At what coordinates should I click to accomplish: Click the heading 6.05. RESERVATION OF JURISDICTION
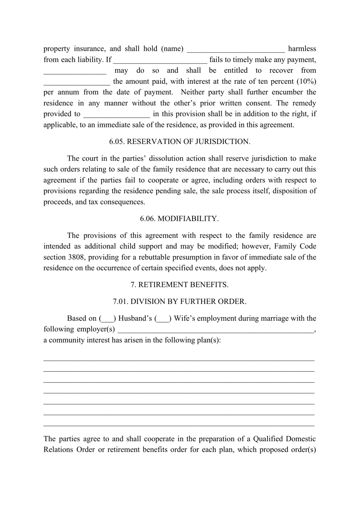(x=180, y=142)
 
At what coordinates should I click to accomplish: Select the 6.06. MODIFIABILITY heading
(x=179, y=219)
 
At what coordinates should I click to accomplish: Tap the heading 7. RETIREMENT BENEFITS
(x=180, y=285)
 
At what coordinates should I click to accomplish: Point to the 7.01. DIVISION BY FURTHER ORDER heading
(x=180, y=302)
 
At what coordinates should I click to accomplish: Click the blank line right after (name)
(x=236, y=49)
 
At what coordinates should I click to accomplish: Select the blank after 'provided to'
(x=116, y=114)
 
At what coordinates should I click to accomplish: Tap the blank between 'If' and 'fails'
(x=160, y=60)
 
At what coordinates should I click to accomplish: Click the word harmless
(x=302, y=49)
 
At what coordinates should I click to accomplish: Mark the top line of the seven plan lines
(x=179, y=360)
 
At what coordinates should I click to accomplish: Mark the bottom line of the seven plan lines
(x=179, y=425)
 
